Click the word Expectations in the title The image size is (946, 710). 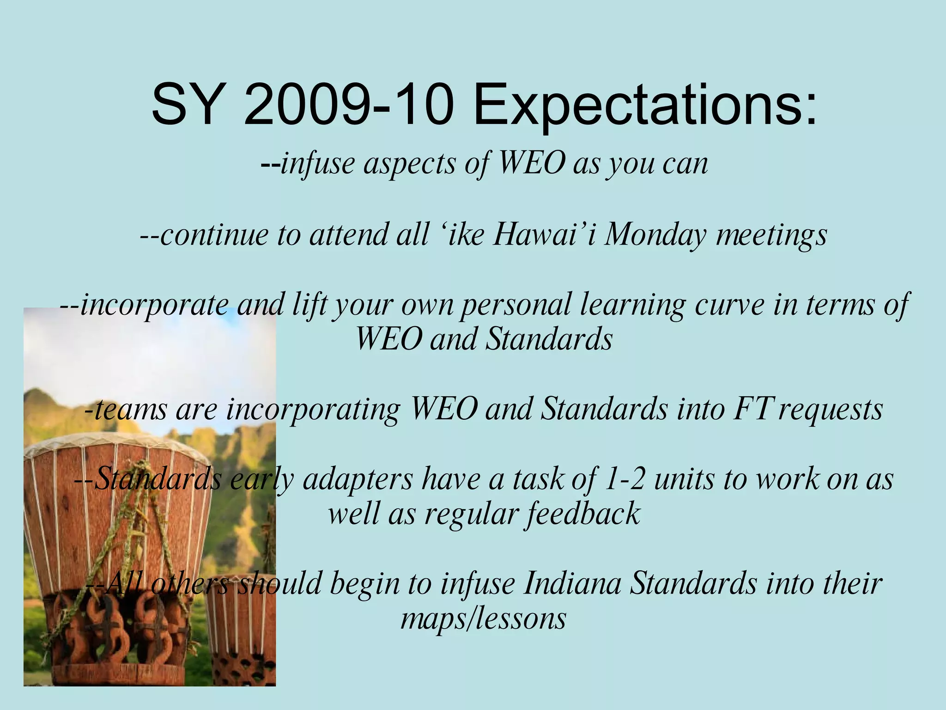tap(644, 105)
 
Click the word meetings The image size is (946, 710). tap(771, 235)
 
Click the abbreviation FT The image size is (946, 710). tap(752, 409)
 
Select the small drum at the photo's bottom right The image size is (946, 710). tap(240, 638)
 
